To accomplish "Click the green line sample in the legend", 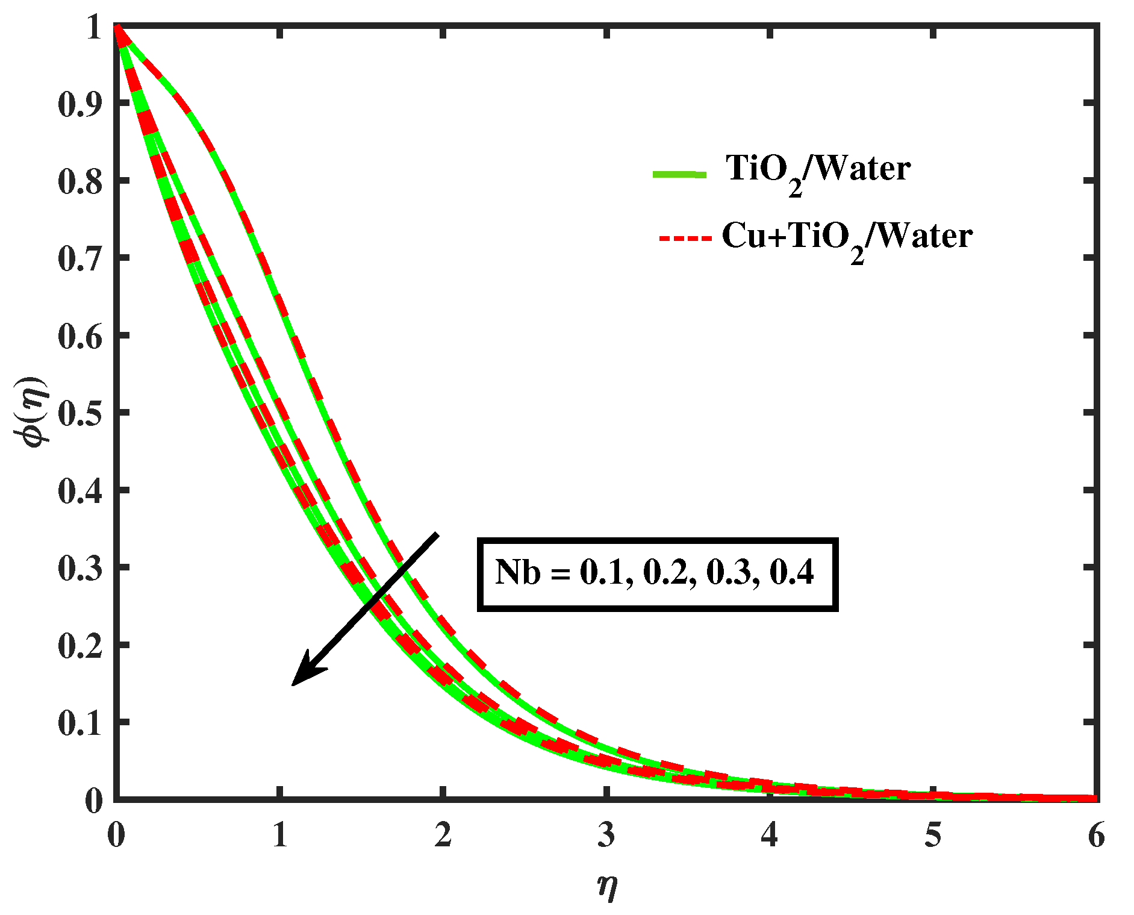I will pos(679,175).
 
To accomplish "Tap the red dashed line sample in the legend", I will pos(685,239).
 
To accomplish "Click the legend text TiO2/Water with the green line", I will pos(818,170).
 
